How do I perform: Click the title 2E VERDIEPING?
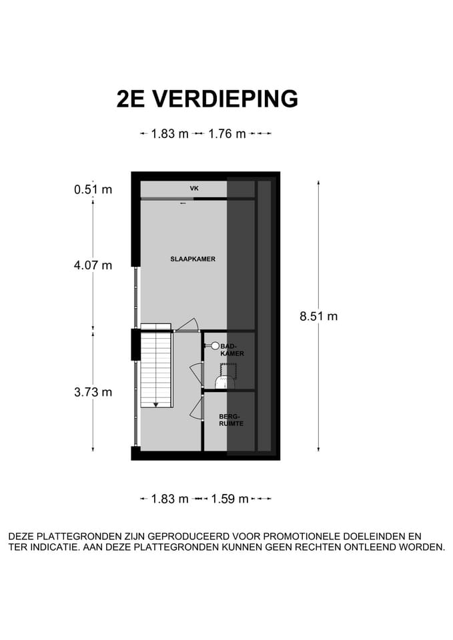(207, 99)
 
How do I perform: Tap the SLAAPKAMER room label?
(192, 259)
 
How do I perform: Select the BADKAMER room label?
(228, 350)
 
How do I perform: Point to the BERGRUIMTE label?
(228, 419)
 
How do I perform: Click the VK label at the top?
(194, 189)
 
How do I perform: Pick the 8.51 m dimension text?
(318, 317)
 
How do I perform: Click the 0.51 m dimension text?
(93, 189)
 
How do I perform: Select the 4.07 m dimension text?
(93, 265)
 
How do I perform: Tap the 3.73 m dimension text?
(93, 392)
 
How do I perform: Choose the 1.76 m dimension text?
(227, 133)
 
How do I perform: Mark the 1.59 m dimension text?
(230, 499)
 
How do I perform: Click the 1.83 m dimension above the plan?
(169, 133)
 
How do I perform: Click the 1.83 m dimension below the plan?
(169, 499)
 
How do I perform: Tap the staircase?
(156, 369)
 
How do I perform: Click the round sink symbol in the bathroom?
(215, 346)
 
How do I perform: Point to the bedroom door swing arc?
(188, 324)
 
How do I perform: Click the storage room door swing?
(196, 409)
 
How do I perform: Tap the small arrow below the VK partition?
(182, 203)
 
